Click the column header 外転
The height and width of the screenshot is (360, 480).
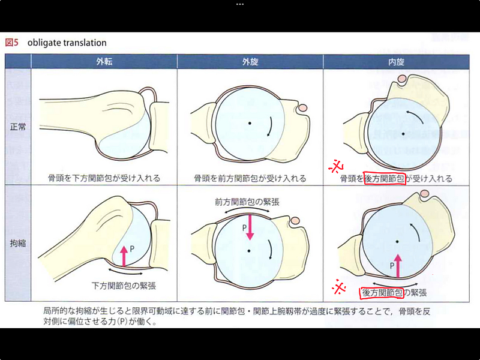point(104,62)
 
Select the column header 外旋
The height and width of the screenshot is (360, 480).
point(250,62)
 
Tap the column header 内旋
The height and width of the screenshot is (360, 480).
point(396,62)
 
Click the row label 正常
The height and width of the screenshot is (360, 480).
point(18,127)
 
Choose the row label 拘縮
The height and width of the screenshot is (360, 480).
point(18,244)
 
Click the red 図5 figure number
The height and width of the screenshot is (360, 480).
point(11,43)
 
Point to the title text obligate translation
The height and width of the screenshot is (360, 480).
point(67,43)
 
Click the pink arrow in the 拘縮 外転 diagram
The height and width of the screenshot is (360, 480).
point(124,256)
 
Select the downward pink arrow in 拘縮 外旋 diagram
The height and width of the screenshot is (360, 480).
point(250,227)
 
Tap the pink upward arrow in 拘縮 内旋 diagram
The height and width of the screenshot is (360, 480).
point(398,266)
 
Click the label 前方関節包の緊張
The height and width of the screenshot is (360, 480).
point(247,202)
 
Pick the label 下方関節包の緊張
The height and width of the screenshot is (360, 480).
point(124,286)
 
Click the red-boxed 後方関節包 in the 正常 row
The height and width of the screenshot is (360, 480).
point(385,178)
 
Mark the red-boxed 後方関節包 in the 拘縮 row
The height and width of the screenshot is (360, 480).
point(382,293)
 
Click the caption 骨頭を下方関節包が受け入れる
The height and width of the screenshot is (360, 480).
point(104,178)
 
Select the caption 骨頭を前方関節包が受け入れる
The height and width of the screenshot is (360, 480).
point(250,178)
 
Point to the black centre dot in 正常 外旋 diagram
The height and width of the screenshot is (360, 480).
point(250,123)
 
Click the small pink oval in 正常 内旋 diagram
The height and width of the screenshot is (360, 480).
point(402,79)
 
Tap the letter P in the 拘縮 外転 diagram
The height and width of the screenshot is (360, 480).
point(132,248)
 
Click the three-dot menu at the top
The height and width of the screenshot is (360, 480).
point(240,5)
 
